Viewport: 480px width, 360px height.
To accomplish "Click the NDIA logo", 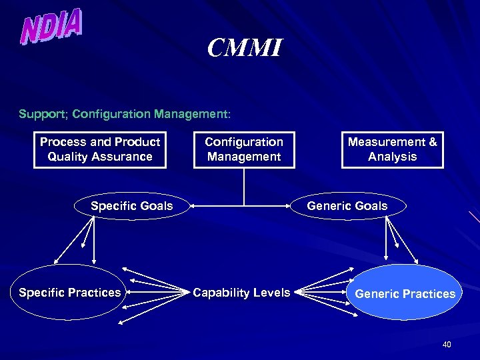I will (52, 27).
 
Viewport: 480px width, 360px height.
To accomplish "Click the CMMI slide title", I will (245, 48).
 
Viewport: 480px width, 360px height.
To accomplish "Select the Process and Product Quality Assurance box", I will (100, 149).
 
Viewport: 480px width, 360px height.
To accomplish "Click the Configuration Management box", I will (244, 149).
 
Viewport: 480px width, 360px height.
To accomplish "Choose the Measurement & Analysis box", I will (392, 149).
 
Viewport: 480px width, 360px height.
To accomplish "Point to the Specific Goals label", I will (131, 206).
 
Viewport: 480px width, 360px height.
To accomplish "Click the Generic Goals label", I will (347, 206).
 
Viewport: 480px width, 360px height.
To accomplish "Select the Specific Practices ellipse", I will (70, 293).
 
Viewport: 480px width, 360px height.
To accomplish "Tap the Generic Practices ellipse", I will (405, 293).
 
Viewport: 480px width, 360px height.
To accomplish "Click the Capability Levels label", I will (241, 293).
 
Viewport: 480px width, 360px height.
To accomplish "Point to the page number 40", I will (447, 345).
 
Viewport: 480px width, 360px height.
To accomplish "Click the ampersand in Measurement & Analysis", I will (433, 142).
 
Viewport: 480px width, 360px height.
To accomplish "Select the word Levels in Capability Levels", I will (273, 293).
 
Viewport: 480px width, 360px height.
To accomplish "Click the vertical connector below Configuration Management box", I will (244, 187).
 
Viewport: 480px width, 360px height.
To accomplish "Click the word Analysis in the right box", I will (392, 157).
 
